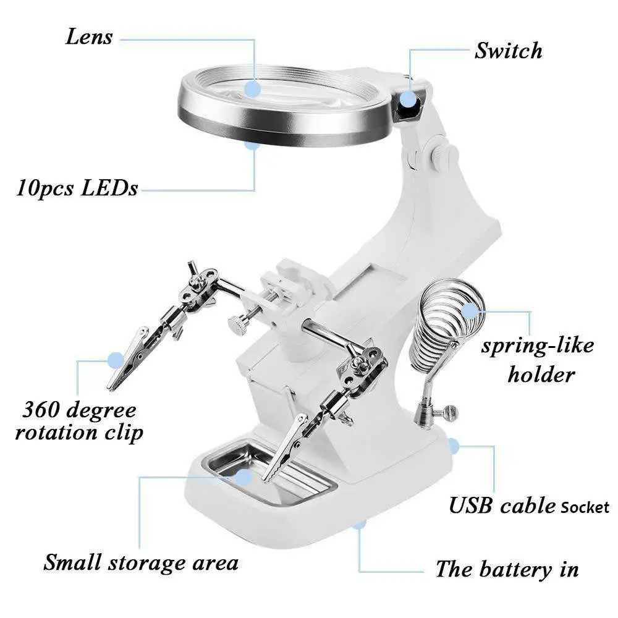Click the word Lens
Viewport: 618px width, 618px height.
[88, 36]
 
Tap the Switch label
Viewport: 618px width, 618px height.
[508, 51]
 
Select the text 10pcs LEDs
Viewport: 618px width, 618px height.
[77, 188]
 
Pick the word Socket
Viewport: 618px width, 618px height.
[585, 507]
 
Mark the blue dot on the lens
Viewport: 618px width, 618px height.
[252, 89]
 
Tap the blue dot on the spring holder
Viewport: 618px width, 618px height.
[469, 311]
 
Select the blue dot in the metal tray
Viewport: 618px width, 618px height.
[244, 477]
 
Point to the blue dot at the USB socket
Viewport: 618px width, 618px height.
[453, 446]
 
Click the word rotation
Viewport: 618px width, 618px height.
[56, 433]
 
